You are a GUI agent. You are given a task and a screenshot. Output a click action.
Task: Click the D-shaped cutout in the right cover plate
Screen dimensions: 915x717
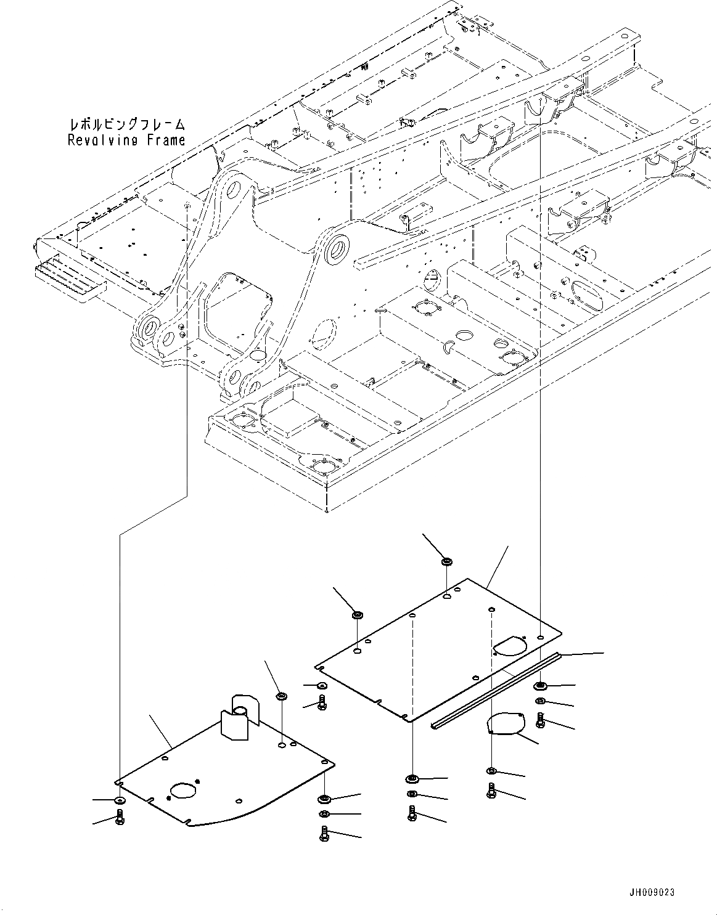509,645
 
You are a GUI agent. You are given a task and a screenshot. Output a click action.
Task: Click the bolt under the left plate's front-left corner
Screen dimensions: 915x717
120,818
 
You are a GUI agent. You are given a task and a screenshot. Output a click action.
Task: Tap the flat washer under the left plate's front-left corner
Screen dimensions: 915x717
119,800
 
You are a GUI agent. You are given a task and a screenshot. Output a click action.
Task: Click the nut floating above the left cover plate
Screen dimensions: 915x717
282,696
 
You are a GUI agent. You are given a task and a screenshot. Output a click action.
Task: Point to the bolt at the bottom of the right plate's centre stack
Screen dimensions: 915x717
412,813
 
